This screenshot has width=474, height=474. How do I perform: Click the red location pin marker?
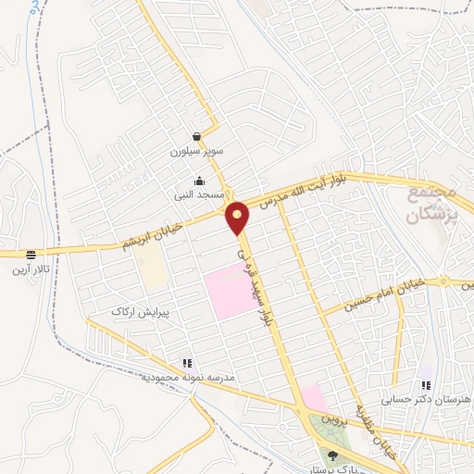(238, 218)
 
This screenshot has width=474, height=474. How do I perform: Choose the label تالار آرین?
(32, 268)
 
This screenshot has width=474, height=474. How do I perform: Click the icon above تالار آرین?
(32, 254)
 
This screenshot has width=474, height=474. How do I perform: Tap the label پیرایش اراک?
(136, 312)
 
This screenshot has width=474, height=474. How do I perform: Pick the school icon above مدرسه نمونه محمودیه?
(187, 364)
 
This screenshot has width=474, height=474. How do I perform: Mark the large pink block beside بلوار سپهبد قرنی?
(227, 292)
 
